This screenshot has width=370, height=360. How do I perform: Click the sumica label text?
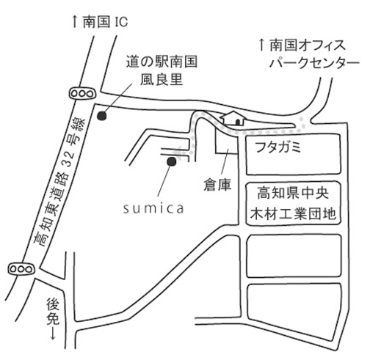pyautogui.click(x=153, y=209)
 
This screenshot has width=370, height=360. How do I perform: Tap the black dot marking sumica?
pyautogui.click(x=171, y=161)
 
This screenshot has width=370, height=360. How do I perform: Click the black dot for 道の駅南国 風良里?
pyautogui.click(x=102, y=116)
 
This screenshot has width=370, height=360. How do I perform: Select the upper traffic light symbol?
pyautogui.click(x=82, y=93)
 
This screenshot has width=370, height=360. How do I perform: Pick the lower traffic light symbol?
pyautogui.click(x=21, y=269)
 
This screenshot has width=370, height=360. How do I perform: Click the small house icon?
pyautogui.click(x=233, y=118)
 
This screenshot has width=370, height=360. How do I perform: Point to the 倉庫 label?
pyautogui.click(x=217, y=185)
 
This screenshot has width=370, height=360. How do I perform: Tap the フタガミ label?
pyautogui.click(x=278, y=147)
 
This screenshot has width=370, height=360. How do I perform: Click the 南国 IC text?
pyautogui.click(x=106, y=22)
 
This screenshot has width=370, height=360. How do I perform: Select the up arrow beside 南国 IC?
pyautogui.click(x=75, y=22)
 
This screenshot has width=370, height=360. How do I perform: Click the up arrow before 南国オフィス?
pyautogui.click(x=261, y=45)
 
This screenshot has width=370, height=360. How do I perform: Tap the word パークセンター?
pyautogui.click(x=314, y=63)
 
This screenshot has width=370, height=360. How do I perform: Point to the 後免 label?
pyautogui.click(x=53, y=312)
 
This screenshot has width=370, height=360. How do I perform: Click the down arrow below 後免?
pyautogui.click(x=53, y=334)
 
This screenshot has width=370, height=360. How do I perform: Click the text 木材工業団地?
pyautogui.click(x=293, y=213)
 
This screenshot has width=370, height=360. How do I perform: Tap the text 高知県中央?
pyautogui.click(x=293, y=193)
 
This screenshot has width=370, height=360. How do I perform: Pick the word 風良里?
pyautogui.click(x=162, y=79)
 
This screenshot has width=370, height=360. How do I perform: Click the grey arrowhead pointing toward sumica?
pyautogui.click(x=177, y=153)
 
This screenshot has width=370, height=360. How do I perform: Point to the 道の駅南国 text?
pyautogui.click(x=162, y=62)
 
